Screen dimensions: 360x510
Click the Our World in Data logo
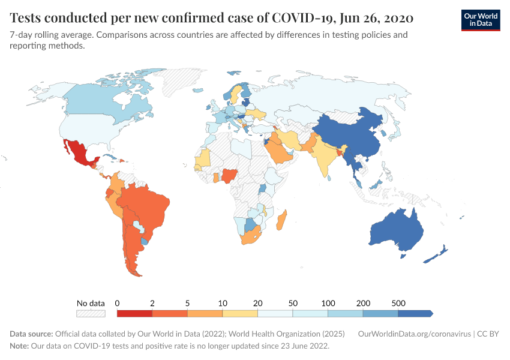(480, 20)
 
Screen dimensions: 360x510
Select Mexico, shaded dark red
(79, 152)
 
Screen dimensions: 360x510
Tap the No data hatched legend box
(91, 313)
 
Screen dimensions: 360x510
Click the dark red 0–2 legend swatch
(134, 313)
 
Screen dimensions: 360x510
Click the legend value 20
(258, 303)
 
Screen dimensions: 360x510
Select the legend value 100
(328, 303)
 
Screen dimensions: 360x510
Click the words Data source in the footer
(31, 334)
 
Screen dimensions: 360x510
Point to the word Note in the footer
(20, 346)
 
